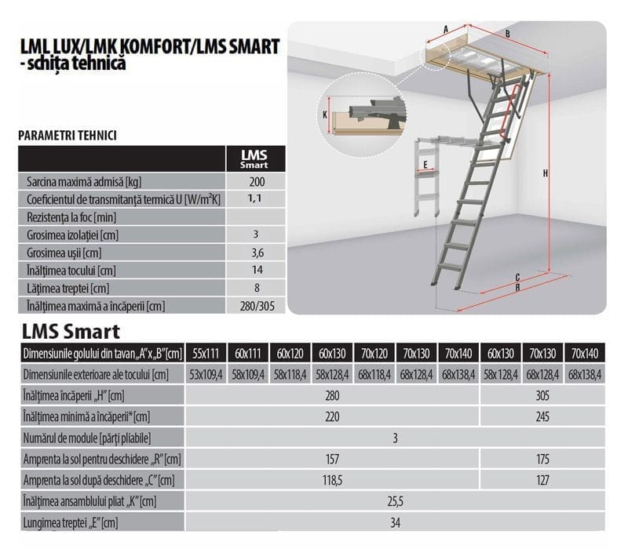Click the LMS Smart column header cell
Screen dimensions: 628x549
[256, 159]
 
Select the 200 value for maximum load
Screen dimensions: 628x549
[257, 182]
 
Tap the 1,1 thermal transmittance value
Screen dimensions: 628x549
[254, 198]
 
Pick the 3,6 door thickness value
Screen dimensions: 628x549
[257, 253]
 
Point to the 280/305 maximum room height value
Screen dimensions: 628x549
[257, 306]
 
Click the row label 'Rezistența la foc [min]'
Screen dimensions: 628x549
[71, 217]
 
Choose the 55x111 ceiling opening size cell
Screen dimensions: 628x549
[206, 354]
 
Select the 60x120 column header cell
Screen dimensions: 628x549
[290, 354]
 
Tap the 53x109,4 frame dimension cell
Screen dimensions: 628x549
[206, 375]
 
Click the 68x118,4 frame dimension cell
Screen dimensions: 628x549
[374, 375]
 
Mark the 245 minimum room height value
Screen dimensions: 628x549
[542, 416]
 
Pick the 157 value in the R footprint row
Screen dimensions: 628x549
[332, 459]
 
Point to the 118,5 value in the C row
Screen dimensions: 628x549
[332, 480]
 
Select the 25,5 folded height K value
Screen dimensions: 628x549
[396, 501]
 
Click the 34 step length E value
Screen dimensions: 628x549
[396, 522]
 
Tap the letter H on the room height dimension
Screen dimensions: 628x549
[545, 173]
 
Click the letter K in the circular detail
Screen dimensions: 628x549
[325, 115]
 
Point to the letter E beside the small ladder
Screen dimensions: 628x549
[425, 165]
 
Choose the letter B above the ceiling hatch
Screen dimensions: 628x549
[507, 34]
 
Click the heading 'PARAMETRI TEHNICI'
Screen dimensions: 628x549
[68, 136]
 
